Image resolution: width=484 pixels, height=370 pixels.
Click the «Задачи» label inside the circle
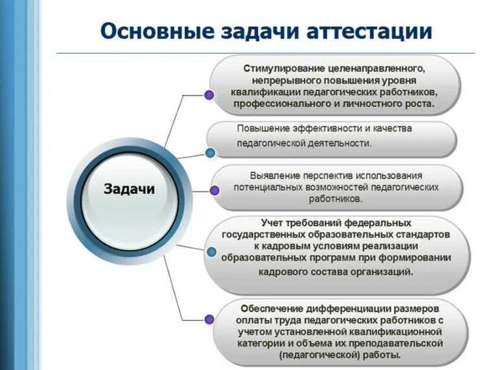point(130,189)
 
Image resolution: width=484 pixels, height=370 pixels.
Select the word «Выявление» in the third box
point(272,175)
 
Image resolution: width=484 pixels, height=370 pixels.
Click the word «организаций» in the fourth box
point(383,272)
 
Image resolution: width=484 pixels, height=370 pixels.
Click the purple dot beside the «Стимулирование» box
point(209,95)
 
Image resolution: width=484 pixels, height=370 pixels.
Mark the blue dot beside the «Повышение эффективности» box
point(210,153)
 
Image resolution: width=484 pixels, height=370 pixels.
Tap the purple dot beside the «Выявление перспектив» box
point(214,190)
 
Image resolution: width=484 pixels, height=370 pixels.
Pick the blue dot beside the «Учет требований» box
point(211,252)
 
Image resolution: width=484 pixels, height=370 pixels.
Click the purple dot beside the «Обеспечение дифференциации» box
point(209,319)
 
